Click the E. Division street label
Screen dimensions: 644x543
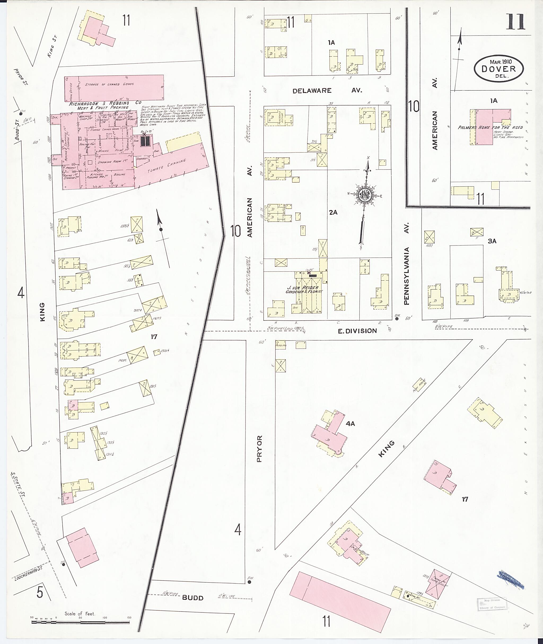[357, 331]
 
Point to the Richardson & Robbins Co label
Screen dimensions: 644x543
[105, 103]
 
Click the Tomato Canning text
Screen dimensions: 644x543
[167, 166]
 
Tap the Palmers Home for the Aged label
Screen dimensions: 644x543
[490, 128]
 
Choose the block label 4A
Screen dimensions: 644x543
[350, 424]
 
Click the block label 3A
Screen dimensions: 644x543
[492, 241]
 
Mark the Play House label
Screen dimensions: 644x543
[419, 385]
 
